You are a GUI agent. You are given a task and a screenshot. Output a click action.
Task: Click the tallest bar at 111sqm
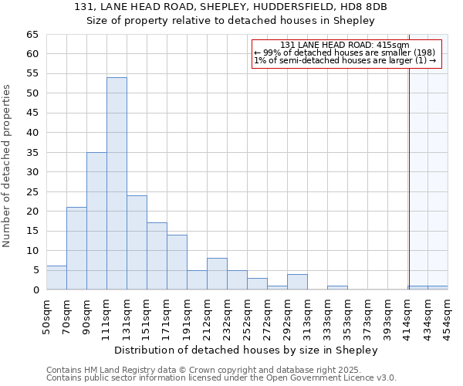(117, 184)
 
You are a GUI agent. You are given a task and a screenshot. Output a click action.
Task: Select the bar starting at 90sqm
(96, 221)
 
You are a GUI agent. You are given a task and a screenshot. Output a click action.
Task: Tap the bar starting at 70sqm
(76, 249)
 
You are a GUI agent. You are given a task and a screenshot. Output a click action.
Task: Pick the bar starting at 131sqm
(137, 242)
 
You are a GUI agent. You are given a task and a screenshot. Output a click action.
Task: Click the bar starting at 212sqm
(217, 274)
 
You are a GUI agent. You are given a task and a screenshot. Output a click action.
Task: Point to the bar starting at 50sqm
(56, 278)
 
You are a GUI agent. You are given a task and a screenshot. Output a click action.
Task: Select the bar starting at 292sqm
(297, 282)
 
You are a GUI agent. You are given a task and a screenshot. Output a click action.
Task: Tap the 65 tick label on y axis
(32, 35)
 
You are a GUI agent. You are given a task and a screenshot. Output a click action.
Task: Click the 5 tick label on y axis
(35, 270)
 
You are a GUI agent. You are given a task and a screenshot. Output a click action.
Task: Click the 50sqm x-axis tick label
(47, 316)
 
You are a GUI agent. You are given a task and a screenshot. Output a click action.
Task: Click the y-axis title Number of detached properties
(8, 166)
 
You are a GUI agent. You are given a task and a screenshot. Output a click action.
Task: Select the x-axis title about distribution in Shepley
(251, 350)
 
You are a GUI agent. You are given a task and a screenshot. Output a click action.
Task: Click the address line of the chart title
(231, 6)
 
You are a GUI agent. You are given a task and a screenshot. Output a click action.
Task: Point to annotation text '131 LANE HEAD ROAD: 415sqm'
(345, 46)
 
